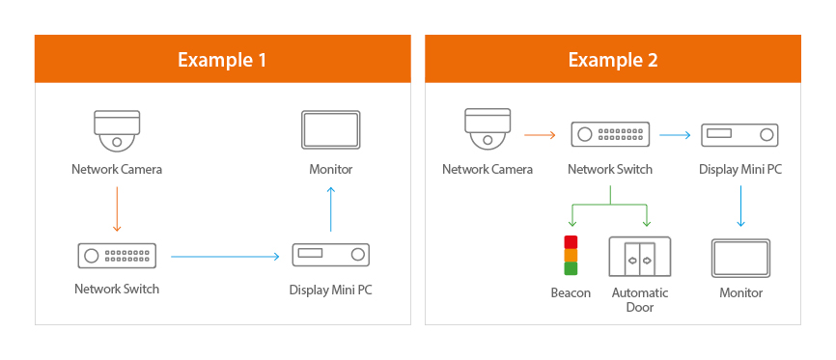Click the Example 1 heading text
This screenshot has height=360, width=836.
222,59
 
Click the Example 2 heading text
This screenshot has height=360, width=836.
613,59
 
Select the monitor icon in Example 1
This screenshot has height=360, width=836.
330,129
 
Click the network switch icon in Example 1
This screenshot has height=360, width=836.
117,256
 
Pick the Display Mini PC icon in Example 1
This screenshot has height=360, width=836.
330,255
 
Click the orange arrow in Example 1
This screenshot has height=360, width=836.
117,208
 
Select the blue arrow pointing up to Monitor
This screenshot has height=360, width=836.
330,208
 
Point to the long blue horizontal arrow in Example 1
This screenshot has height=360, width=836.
225,257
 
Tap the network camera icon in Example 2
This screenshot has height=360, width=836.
488,129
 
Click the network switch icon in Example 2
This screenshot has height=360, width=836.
610,134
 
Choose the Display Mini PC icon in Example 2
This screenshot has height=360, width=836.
739,135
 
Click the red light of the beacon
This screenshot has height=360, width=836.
571,242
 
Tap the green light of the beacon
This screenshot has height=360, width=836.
571,268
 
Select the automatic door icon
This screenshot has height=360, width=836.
640,257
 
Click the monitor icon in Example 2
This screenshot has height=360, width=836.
740,258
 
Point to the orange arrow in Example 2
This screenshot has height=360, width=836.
540,135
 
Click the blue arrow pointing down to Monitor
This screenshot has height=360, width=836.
740,206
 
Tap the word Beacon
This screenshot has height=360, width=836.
571,292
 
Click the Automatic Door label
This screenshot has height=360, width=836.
640,300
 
